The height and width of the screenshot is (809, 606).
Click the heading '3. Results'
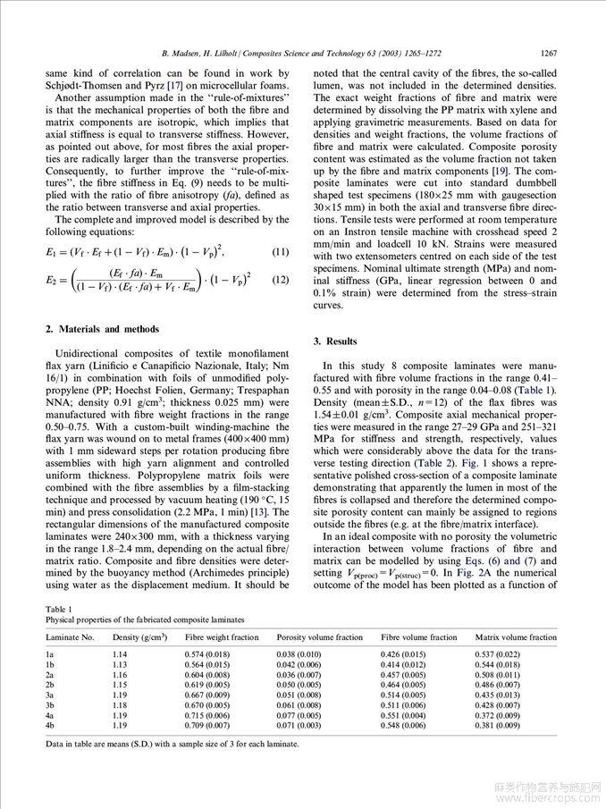(335, 341)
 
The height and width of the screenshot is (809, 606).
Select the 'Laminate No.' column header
(70, 637)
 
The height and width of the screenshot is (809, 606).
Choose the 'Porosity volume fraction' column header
(319, 637)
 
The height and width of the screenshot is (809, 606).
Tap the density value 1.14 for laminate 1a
(120, 653)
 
